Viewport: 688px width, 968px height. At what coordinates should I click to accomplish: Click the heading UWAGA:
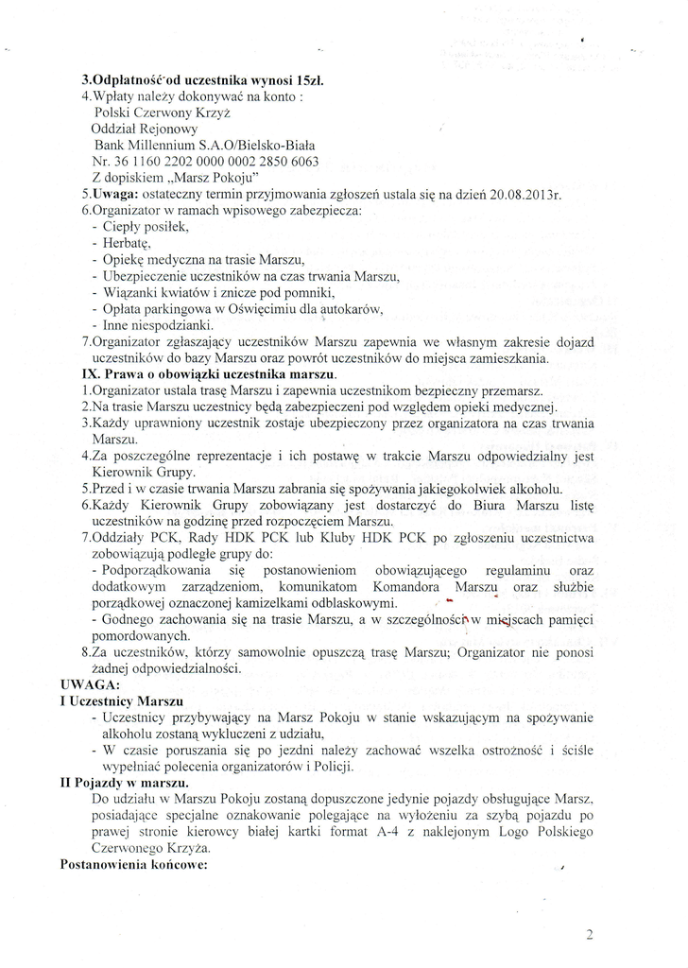[x=89, y=683]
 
